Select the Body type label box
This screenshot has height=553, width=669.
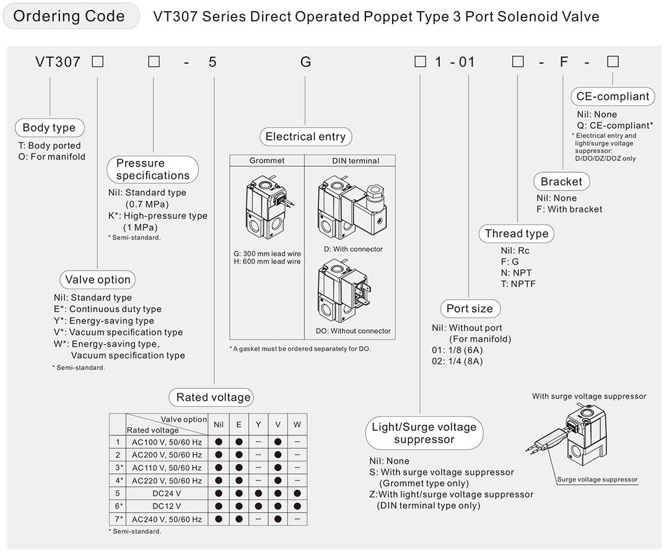click(49, 128)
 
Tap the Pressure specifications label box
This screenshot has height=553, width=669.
click(153, 169)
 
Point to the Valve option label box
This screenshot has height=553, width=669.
click(98, 280)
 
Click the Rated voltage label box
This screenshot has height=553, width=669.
click(214, 398)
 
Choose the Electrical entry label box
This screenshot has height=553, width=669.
click(305, 137)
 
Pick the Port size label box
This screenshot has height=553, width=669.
click(470, 308)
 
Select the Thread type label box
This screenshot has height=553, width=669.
click(517, 233)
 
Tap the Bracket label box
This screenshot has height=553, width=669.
click(561, 181)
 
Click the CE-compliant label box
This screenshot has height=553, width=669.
click(613, 96)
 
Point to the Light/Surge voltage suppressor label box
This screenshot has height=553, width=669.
click(424, 433)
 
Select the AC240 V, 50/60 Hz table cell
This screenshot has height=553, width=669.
click(167, 519)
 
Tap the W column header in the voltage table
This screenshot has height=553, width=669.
click(297, 424)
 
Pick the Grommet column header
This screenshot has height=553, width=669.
click(267, 160)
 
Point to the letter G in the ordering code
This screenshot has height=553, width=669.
click(305, 62)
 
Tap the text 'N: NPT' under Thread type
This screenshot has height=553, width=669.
click(516, 272)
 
